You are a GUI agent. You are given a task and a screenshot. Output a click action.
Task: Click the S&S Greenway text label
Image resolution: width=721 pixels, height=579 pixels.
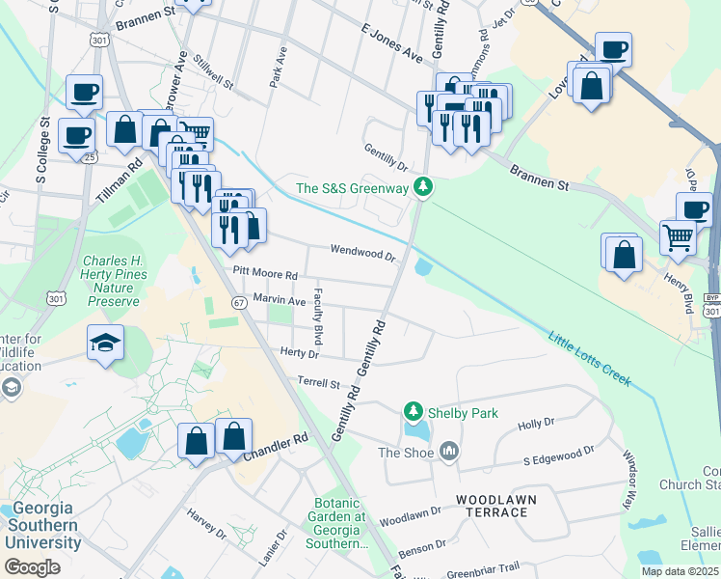click(x=352, y=188)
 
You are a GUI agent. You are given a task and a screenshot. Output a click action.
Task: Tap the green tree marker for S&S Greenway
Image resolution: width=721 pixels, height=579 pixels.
click(x=421, y=187)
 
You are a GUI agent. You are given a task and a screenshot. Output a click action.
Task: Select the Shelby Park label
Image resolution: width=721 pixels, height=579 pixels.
click(x=465, y=413)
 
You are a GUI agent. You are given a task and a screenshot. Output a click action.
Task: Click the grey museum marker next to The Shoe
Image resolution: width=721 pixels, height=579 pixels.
click(x=447, y=451)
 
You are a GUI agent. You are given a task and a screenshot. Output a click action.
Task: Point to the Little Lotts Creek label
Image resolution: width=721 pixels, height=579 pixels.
click(x=590, y=359)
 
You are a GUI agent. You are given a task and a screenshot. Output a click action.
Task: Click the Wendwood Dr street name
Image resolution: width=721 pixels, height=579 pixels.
click(x=363, y=253)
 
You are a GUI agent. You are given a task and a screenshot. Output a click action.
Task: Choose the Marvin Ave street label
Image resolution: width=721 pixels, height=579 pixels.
click(x=279, y=300)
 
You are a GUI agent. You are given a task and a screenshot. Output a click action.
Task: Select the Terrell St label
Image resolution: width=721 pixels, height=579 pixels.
click(x=319, y=383)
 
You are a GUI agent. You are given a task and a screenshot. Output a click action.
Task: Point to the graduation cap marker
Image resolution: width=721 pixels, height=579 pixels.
click(x=105, y=342)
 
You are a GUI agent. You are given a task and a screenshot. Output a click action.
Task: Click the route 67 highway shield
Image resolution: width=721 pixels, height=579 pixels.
click(x=237, y=302)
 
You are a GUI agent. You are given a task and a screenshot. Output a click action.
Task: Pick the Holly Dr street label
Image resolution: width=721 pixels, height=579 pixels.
click(x=536, y=423)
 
